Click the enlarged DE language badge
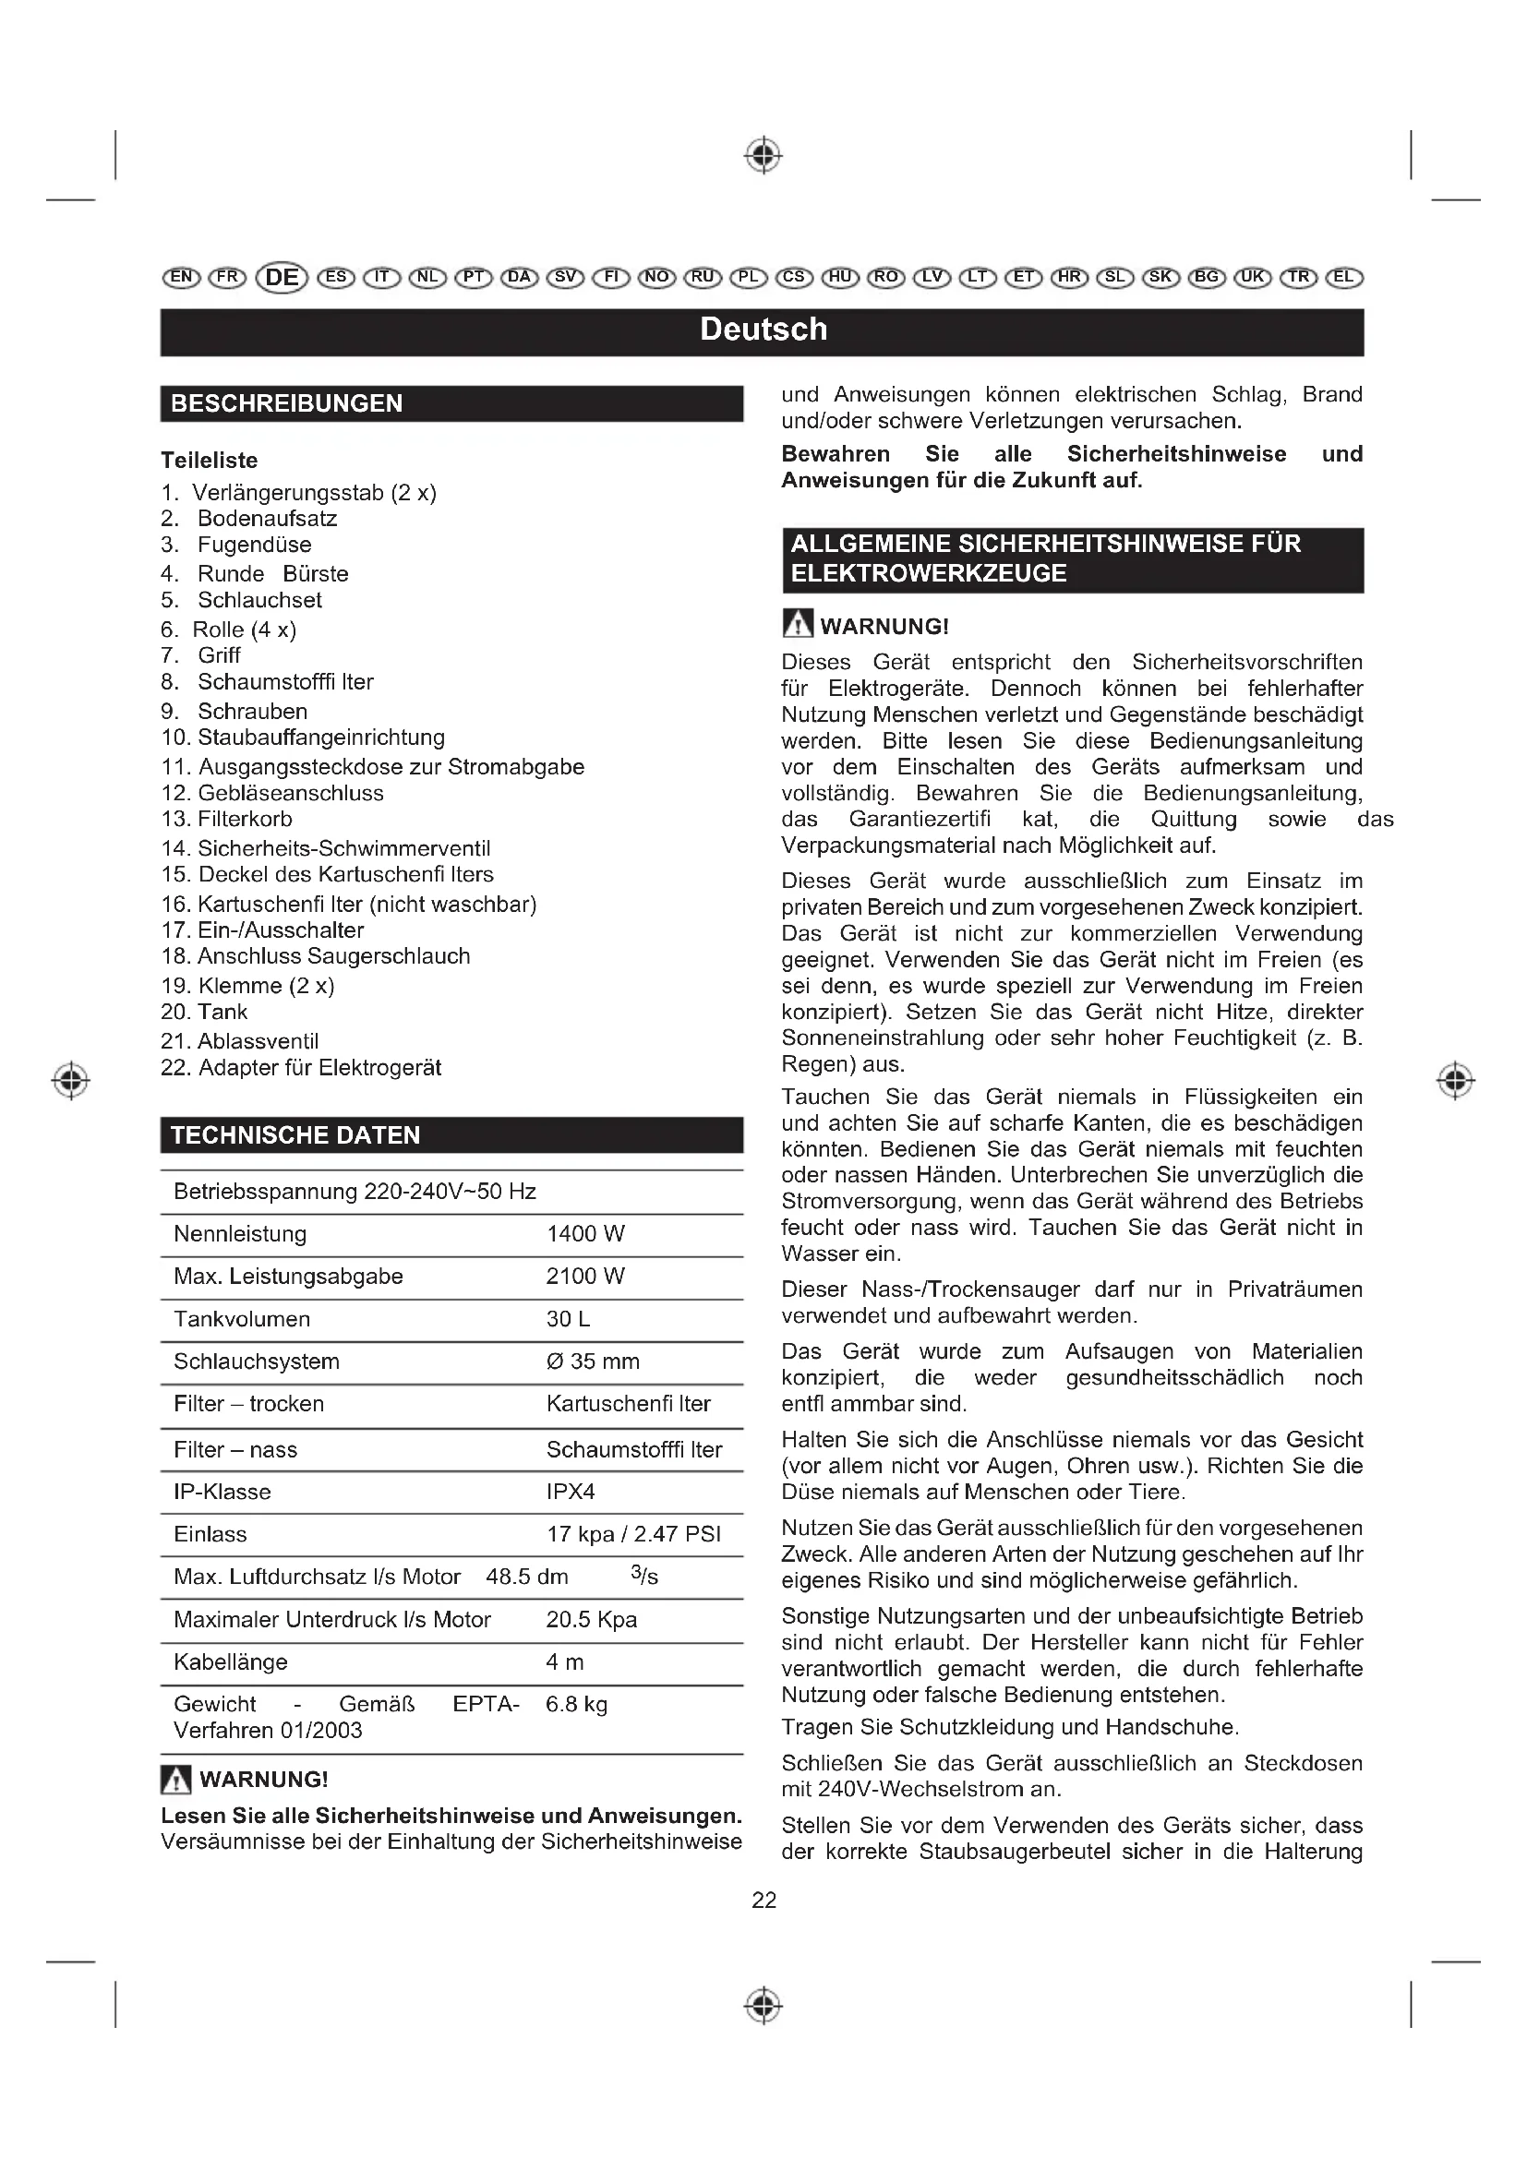coord(283,278)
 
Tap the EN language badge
coord(182,278)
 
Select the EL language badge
coord(1343,278)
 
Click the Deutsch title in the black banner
coord(763,330)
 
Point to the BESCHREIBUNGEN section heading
coord(287,403)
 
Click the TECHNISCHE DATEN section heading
coord(295,1135)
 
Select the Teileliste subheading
coord(209,461)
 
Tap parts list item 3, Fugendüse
coord(254,546)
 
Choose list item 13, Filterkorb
coord(245,819)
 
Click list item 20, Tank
coord(222,1012)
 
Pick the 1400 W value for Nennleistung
coord(584,1234)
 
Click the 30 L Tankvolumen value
coord(568,1319)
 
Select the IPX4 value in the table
coord(570,1492)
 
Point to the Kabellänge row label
coord(231,1661)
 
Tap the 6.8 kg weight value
coord(575,1704)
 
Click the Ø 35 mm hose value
coord(593,1361)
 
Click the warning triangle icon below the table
coord(175,1779)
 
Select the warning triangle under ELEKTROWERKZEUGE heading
coord(798,624)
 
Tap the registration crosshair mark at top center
coord(763,155)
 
